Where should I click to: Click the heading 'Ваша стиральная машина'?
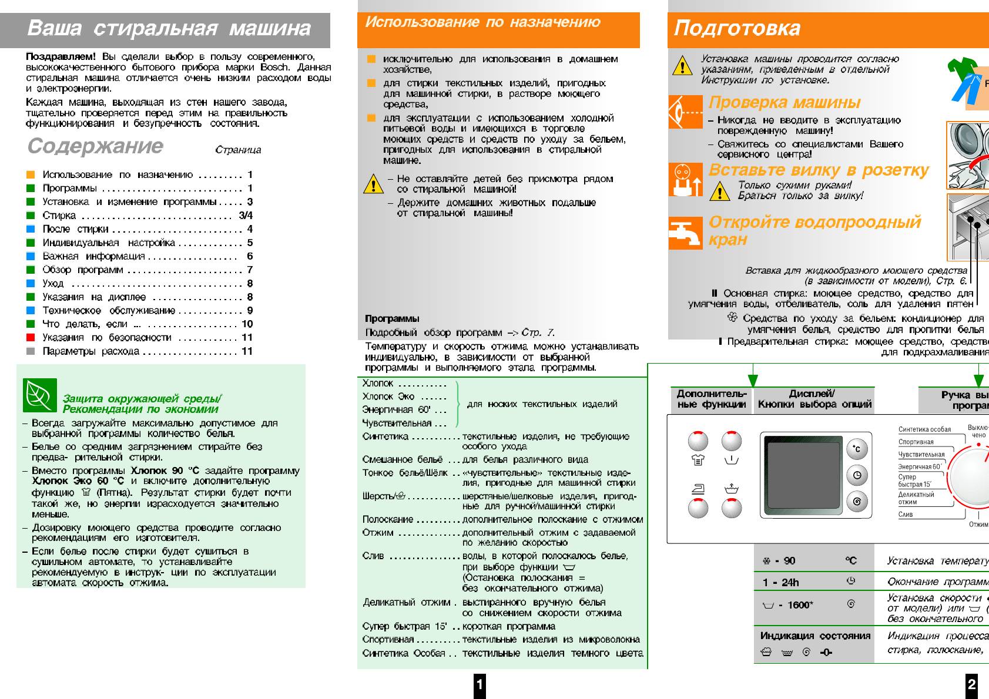point(169,28)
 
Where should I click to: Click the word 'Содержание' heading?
point(95,146)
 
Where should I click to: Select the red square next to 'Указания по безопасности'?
point(31,338)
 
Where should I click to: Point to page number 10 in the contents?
point(247,324)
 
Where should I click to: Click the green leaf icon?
point(40,395)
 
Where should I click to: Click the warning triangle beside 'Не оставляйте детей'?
point(373,184)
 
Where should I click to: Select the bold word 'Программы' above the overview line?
point(392,319)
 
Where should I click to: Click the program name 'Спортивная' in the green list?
point(388,640)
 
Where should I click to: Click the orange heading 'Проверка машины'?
point(785,102)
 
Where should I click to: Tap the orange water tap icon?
point(685,233)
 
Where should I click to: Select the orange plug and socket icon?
point(685,180)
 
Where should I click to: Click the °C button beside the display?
point(857,449)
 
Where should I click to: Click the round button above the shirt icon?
point(698,441)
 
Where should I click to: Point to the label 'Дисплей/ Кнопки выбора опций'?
point(814,399)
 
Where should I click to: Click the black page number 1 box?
point(480,684)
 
